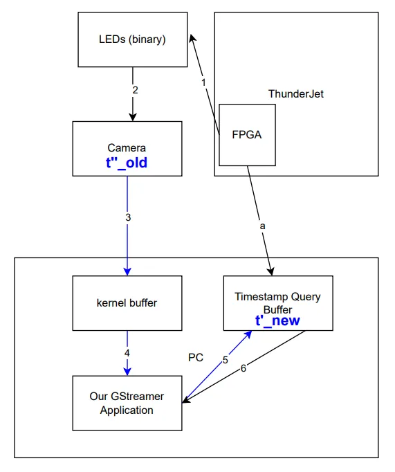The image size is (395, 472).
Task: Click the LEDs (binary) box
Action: [x=131, y=39]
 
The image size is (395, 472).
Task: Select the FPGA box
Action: [x=247, y=135]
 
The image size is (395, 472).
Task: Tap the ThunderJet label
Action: [x=295, y=93]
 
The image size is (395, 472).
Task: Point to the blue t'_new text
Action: [x=277, y=321]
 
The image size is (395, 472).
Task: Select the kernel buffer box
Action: [x=127, y=303]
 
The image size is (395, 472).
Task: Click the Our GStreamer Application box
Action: [x=127, y=403]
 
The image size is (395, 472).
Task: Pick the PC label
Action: [x=196, y=358]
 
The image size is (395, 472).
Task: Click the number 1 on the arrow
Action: [x=203, y=82]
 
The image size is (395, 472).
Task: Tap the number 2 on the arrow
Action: [x=135, y=90]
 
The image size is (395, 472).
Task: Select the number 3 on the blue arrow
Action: [x=128, y=217]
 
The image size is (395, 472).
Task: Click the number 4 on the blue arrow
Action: [x=127, y=352]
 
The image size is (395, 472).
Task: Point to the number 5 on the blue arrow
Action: [x=225, y=360]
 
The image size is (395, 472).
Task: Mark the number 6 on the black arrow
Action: [x=243, y=368]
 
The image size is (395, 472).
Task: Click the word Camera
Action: [x=127, y=148]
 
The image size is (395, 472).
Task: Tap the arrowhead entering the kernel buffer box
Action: [x=127, y=271]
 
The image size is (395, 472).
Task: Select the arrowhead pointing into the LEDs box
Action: [x=193, y=40]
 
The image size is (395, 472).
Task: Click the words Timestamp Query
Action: [x=277, y=297]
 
